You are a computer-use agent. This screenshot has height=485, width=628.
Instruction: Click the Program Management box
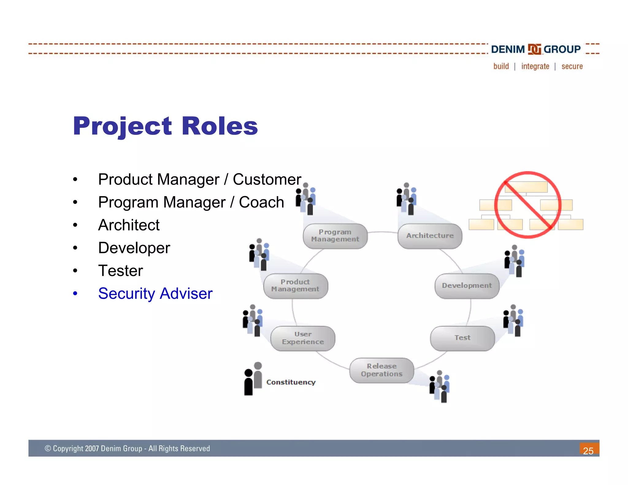tap(335, 236)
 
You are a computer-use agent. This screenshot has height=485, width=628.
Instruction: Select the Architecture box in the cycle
tap(430, 236)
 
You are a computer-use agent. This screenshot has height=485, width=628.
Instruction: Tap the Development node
tap(467, 286)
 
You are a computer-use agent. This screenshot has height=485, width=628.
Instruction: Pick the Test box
tap(462, 338)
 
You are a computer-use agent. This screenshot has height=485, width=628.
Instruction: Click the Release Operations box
tap(382, 370)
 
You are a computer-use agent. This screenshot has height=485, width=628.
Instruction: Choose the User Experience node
tap(303, 338)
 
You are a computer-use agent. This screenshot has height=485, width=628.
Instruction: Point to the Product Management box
tap(296, 286)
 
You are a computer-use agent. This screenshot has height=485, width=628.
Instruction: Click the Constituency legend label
tap(291, 382)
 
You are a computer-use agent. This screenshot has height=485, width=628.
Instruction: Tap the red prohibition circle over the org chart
tap(528, 205)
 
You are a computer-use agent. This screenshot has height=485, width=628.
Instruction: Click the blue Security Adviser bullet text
tap(155, 294)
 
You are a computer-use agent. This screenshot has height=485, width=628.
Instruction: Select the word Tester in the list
tap(121, 271)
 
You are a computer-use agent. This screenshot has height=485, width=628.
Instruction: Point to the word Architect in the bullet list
tap(129, 225)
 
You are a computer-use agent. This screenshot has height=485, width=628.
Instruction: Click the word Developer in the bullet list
tap(134, 248)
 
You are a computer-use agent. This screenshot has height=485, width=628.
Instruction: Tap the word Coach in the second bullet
tap(261, 202)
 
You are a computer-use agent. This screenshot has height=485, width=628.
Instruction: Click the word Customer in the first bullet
tap(267, 179)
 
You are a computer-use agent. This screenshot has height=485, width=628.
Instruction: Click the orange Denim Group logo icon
tap(534, 49)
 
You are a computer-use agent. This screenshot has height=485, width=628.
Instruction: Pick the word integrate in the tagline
tap(535, 67)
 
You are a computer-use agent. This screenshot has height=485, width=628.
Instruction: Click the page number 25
tap(588, 451)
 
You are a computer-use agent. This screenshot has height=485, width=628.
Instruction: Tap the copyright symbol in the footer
tap(48, 449)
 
